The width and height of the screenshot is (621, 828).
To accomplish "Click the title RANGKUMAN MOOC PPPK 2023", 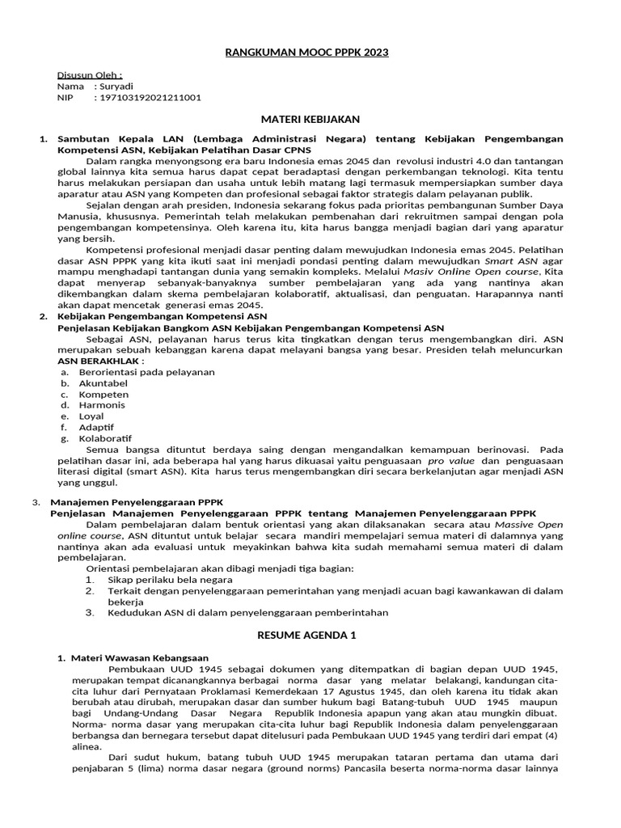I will pyautogui.click(x=306, y=53).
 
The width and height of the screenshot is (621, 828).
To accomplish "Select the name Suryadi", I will pyautogui.click(x=116, y=86).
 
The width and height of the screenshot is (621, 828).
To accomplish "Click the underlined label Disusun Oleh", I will pyautogui.click(x=90, y=74).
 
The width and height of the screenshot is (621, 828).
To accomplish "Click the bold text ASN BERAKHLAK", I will pyautogui.click(x=101, y=361).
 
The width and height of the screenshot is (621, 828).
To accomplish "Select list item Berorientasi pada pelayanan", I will pyautogui.click(x=135, y=372).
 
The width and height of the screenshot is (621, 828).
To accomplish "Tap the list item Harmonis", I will pyautogui.click(x=102, y=405).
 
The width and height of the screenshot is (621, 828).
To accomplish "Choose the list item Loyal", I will pyautogui.click(x=91, y=416).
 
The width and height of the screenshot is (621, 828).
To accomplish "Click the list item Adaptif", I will pyautogui.click(x=96, y=427).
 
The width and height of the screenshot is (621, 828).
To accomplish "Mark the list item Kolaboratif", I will pyautogui.click(x=105, y=438).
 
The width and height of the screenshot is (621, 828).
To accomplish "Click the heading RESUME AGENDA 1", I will pyautogui.click(x=306, y=636).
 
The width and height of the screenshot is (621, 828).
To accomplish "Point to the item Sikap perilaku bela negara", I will pyautogui.click(x=170, y=580).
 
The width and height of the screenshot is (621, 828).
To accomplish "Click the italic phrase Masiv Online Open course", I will pyautogui.click(x=471, y=272).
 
